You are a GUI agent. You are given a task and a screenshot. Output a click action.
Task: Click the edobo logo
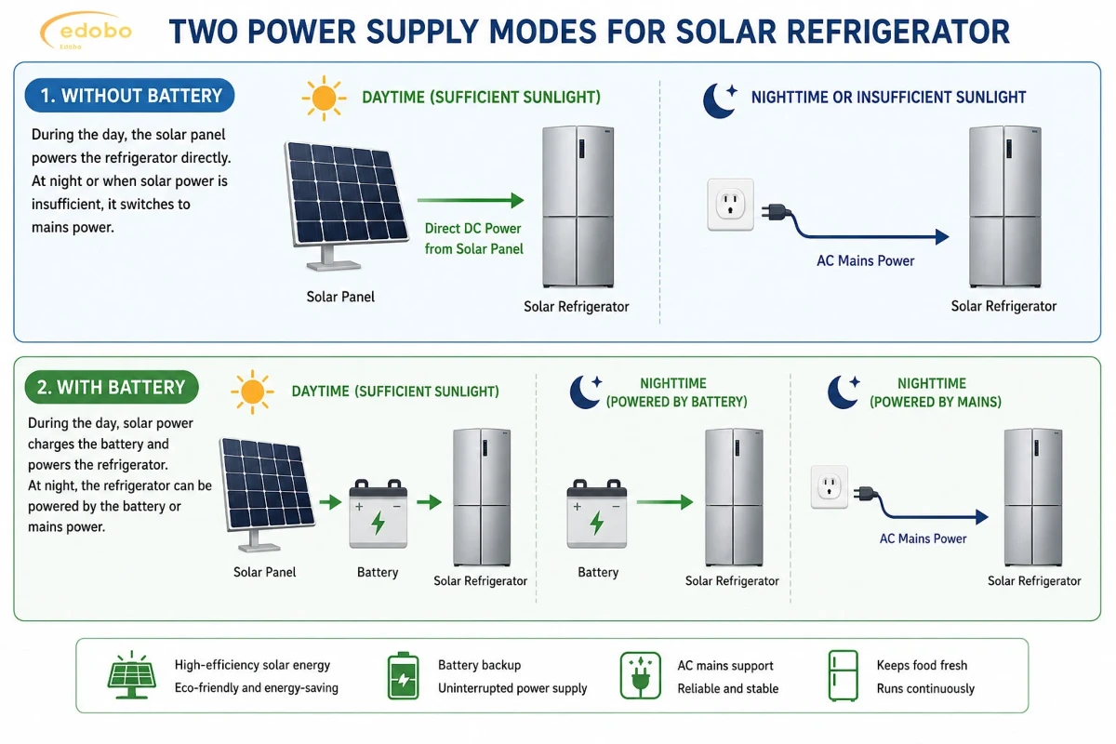point(86,31)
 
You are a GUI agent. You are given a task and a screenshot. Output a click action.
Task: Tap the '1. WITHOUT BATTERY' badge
point(129,95)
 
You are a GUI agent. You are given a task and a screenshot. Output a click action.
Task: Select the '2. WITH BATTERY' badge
point(112,387)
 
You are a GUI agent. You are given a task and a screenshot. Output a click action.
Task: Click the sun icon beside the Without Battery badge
point(324,98)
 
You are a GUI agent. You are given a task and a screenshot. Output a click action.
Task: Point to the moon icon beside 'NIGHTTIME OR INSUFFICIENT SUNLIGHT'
point(720,100)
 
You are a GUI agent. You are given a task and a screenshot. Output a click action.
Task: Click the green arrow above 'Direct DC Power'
point(471,200)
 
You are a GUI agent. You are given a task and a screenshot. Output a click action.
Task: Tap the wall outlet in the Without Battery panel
point(730,205)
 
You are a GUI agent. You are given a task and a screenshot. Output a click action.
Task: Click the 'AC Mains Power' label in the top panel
point(866,260)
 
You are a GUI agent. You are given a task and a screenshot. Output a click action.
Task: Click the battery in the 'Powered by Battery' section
point(597,513)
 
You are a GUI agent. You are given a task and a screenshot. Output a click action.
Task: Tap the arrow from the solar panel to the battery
point(330,502)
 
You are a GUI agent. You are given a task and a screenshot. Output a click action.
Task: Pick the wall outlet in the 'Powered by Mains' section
point(830,487)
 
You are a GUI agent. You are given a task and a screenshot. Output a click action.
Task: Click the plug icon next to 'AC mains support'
point(641,676)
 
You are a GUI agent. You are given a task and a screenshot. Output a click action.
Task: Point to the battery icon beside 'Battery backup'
point(403,675)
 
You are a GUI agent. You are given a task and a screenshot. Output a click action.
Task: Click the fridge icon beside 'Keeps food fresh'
point(843,676)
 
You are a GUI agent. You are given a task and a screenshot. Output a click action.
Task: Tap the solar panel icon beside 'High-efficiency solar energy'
point(131,675)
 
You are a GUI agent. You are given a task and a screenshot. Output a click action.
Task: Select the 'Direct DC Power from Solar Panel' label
point(473,239)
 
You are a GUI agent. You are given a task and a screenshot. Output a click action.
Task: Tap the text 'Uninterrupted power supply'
point(512,688)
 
